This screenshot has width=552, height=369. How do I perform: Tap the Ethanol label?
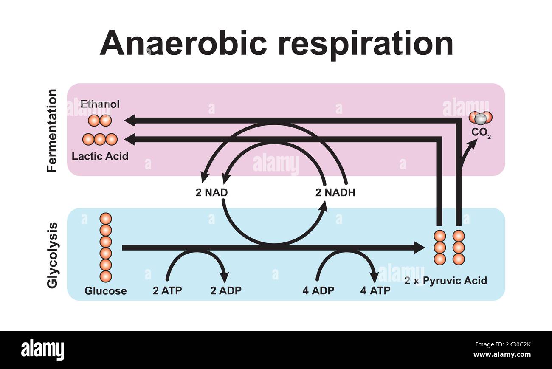tap(100, 104)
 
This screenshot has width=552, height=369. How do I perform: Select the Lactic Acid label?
tap(100, 156)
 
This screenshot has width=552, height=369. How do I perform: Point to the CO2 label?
tap(481, 133)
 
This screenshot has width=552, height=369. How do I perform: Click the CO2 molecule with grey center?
tap(481, 118)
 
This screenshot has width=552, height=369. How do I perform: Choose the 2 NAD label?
tap(211, 193)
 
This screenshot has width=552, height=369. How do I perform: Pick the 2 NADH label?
tap(335, 193)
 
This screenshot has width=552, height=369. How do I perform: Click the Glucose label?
tap(105, 291)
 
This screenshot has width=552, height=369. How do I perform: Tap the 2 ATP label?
tap(167, 291)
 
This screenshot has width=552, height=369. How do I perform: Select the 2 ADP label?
tap(226, 291)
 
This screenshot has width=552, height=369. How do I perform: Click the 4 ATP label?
tap(375, 291)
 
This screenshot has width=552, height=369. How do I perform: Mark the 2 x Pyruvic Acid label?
tap(445, 281)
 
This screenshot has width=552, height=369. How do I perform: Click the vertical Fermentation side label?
tap(52, 130)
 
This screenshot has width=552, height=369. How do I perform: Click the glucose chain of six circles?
tap(105, 248)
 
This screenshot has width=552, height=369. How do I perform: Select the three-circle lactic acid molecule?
tap(100, 139)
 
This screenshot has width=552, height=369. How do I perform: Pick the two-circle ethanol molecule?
tap(100, 121)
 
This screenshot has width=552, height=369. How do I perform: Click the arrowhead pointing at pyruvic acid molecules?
tap(419, 248)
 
